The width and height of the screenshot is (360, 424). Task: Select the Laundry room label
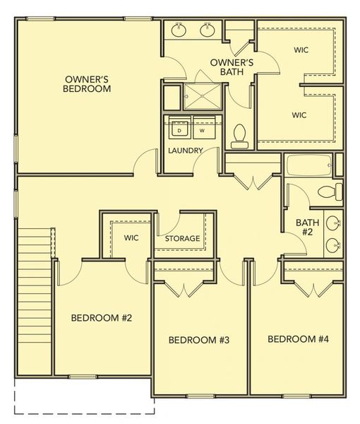[186, 151]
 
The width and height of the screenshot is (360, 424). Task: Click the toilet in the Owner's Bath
[240, 135]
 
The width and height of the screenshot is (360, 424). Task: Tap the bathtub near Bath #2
[308, 165]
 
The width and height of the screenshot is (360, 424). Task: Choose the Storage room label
[182, 239]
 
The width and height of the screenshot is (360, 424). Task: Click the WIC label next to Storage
[131, 237]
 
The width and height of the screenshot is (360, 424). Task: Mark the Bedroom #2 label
[102, 317]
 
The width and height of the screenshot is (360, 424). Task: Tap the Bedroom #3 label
[200, 340]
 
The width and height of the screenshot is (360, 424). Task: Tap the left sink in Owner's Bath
[179, 30]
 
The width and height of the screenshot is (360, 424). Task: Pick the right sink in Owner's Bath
[207, 30]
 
